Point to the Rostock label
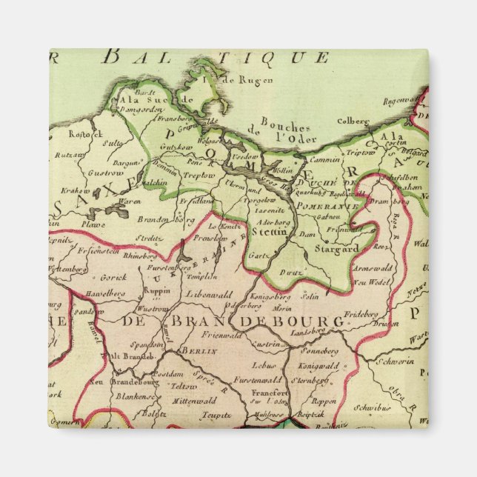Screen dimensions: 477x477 (63, 135)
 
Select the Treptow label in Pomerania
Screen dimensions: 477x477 (179, 176)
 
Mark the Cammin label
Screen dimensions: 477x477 (326, 159)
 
